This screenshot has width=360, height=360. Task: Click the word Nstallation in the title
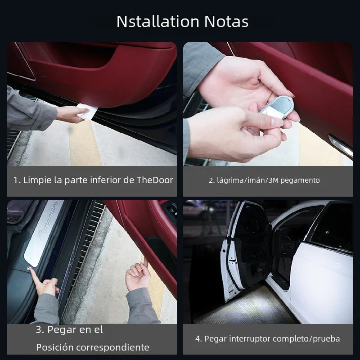158,22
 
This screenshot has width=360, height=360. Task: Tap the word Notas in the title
226,22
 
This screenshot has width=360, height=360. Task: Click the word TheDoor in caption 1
155,180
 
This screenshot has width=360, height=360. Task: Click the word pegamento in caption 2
300,180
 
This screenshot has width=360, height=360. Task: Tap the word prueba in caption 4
327,339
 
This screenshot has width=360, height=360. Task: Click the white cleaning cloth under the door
87,111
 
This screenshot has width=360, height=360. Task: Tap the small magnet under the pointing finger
29,268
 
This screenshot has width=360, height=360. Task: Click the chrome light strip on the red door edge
341,145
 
